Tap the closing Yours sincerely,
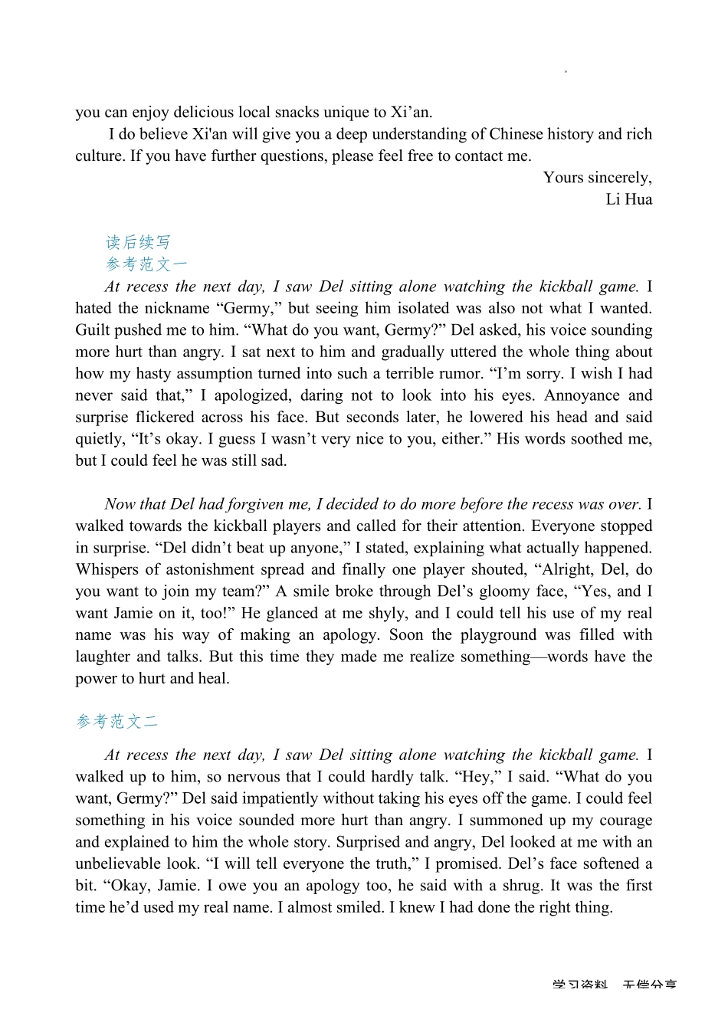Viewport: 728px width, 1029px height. tap(598, 178)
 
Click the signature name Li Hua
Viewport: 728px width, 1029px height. tap(628, 199)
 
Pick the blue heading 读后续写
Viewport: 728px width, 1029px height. tap(138, 243)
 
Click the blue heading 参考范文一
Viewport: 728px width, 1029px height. tap(146, 264)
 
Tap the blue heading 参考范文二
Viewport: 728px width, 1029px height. tap(117, 722)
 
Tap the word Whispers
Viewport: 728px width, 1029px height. tap(107, 569)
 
